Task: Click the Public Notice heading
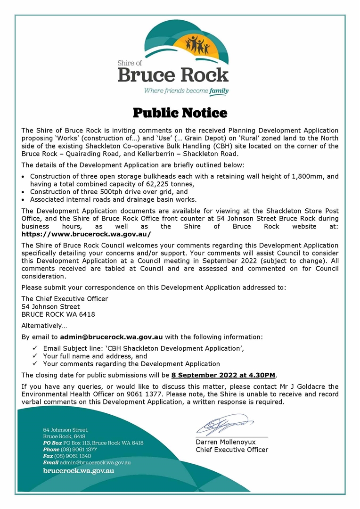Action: click(x=180, y=113)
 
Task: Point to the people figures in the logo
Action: click(x=197, y=45)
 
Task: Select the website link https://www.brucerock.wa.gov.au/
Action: click(x=86, y=234)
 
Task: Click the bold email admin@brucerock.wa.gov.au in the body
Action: click(x=111, y=337)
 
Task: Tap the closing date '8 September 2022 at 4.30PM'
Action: click(x=223, y=375)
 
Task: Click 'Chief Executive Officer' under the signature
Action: click(x=232, y=450)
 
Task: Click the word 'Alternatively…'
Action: click(x=44, y=326)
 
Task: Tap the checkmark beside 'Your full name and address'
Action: click(x=35, y=356)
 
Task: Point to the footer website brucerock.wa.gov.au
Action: click(x=78, y=470)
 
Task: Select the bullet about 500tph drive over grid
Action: click(x=109, y=192)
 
